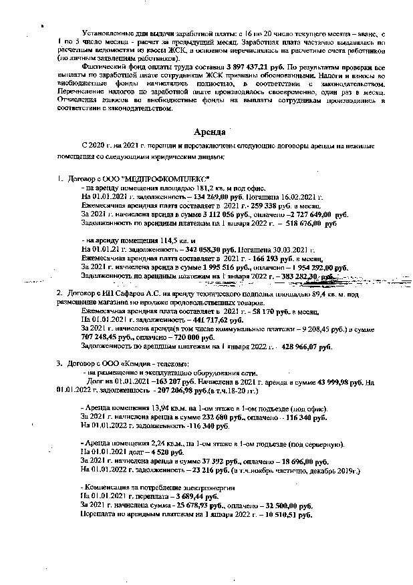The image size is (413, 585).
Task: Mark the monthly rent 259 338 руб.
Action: point(252,207)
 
